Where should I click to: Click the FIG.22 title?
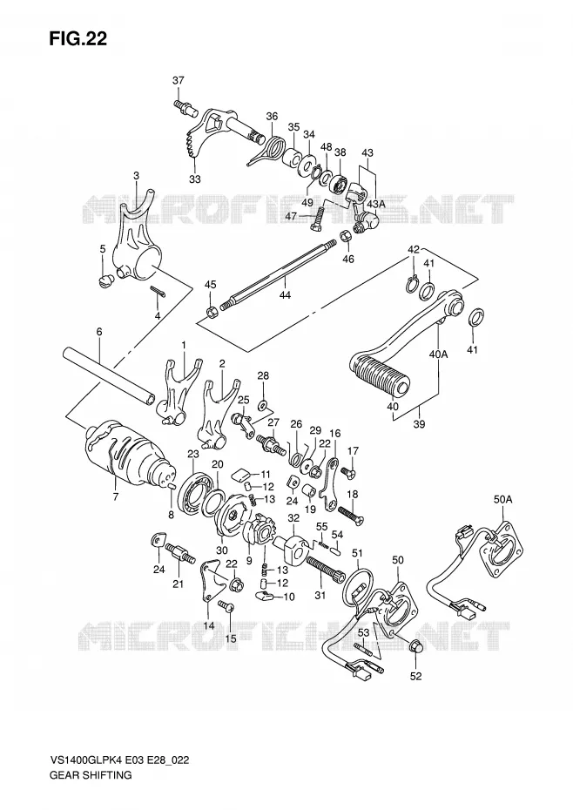[x=78, y=38]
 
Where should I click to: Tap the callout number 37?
[x=179, y=81]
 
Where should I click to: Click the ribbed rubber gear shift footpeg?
[x=381, y=374]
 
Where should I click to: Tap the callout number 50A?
[x=502, y=500]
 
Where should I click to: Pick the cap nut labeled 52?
[x=416, y=647]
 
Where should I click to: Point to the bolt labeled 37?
[x=186, y=107]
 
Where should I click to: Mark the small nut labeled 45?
[x=211, y=312]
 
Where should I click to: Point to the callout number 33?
[x=195, y=179]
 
